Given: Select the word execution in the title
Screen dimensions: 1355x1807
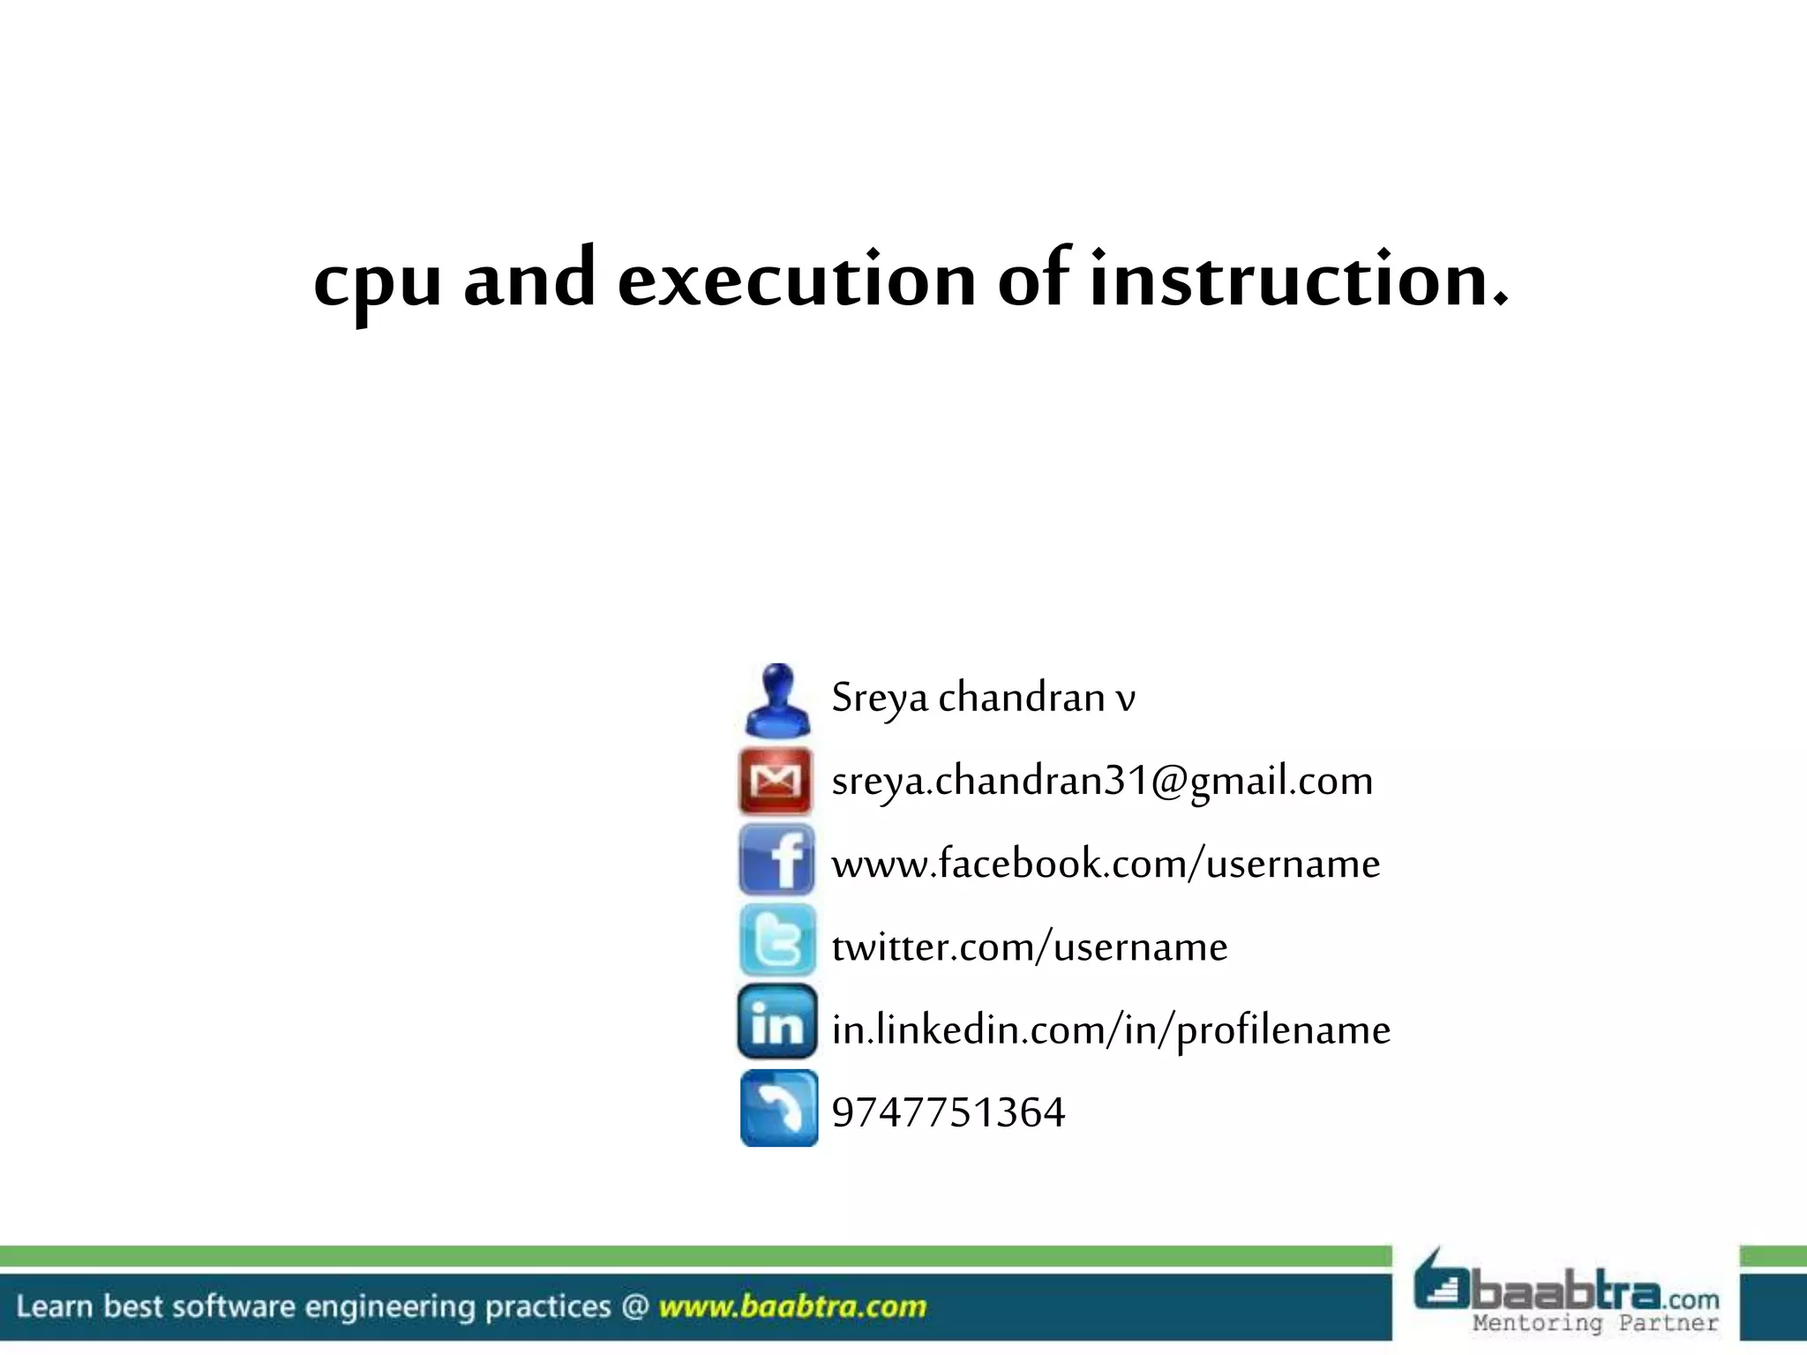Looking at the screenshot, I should point(796,281).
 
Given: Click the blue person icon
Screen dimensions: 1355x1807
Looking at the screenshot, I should point(777,700).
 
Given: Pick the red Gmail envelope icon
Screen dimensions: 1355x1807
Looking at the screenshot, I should point(776,781).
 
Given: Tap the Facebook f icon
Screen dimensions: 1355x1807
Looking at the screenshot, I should point(777,861).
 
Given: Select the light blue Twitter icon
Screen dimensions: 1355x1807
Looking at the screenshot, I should point(777,941).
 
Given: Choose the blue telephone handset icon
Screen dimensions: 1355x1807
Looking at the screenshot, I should point(779,1108).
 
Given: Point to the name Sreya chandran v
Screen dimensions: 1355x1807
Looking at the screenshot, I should point(983,698).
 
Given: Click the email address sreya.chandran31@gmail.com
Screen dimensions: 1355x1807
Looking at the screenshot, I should point(1102,781).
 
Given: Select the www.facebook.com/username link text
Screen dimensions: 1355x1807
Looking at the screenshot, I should point(1106,864).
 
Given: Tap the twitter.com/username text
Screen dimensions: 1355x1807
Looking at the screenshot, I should point(1030,947).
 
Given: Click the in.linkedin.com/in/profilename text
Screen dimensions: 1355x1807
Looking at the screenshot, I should point(1111,1030).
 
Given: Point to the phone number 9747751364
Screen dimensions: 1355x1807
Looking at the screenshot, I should point(948,1112).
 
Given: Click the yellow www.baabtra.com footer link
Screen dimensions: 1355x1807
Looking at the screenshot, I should point(792,1306).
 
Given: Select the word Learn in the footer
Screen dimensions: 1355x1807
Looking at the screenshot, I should point(54,1306).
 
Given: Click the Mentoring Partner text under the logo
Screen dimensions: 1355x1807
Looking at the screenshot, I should point(1594,1323).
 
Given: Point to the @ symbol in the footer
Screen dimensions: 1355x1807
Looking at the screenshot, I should point(634,1306).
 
